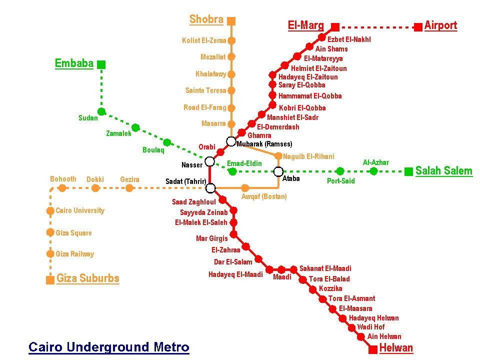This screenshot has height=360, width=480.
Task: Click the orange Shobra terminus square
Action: coord(231,21)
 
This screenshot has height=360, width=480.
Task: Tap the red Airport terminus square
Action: coord(418,27)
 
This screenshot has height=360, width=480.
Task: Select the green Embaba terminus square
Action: coord(101,64)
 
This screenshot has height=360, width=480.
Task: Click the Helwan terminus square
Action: coord(373,349)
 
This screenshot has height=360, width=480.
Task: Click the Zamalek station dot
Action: coord(135,127)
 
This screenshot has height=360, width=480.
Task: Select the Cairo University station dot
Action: coord(50,210)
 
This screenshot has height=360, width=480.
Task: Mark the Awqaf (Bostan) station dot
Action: coord(245,188)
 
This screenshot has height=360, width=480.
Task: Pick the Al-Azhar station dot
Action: coord(373,171)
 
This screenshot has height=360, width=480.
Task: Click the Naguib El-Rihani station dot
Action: coord(278,156)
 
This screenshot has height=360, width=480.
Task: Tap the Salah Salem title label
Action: coord(444,171)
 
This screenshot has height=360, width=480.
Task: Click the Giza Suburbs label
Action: coord(88,278)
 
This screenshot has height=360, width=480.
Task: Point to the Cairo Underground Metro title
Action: coord(108,347)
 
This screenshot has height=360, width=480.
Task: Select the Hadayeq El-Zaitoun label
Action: coord(308,77)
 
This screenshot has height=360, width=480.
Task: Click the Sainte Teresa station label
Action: coord(205,90)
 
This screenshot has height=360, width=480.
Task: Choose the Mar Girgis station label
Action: coord(212,238)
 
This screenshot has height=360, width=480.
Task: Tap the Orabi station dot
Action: coord(220,152)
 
